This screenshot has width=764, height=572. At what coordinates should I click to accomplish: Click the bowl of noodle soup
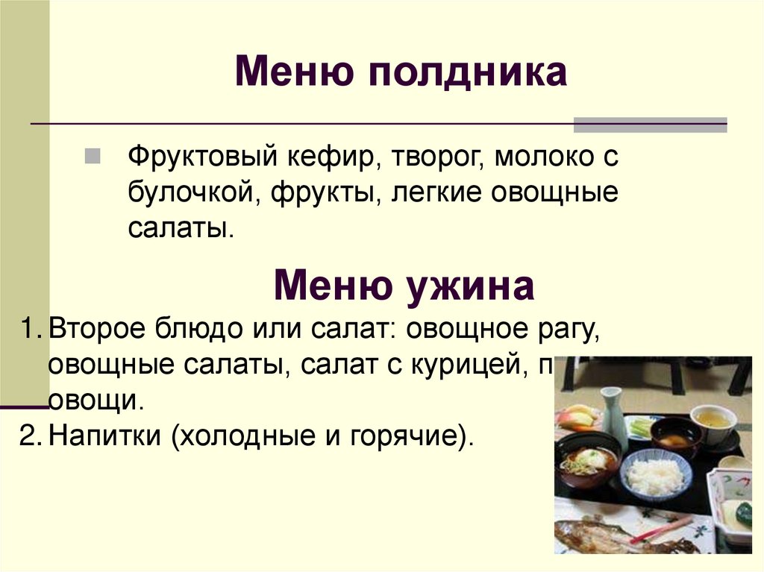click(587, 461)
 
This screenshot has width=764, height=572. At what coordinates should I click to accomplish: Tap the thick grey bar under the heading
click(650, 125)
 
